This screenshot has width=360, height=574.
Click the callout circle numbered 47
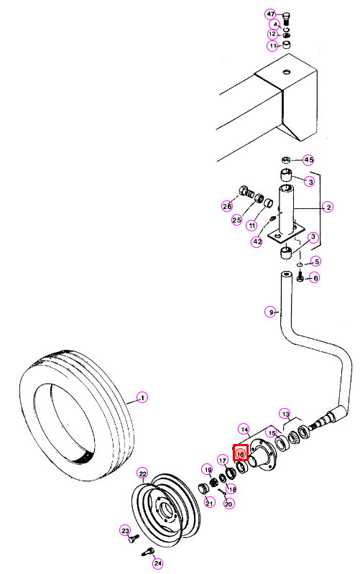(x=270, y=14)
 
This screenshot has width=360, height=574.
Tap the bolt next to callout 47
(x=287, y=19)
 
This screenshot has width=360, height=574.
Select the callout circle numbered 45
(x=309, y=160)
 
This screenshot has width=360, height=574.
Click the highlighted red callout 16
(x=241, y=453)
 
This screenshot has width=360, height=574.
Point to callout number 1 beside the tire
(x=142, y=397)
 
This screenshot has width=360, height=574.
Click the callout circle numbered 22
(x=143, y=473)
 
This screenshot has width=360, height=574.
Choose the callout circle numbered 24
(x=157, y=563)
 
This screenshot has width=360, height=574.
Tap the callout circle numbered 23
(x=126, y=530)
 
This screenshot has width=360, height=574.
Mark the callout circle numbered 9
(x=270, y=313)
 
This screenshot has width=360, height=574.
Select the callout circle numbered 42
(x=257, y=241)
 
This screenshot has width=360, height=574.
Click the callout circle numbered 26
(x=227, y=206)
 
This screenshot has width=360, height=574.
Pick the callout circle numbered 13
(x=285, y=414)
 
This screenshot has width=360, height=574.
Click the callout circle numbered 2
(x=328, y=207)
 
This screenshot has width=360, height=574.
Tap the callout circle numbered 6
(x=315, y=277)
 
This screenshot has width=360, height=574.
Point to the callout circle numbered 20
(x=229, y=504)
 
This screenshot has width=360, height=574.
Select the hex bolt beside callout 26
(x=246, y=191)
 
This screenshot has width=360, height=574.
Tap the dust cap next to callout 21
(x=203, y=489)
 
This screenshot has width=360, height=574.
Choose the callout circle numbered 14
(x=244, y=429)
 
